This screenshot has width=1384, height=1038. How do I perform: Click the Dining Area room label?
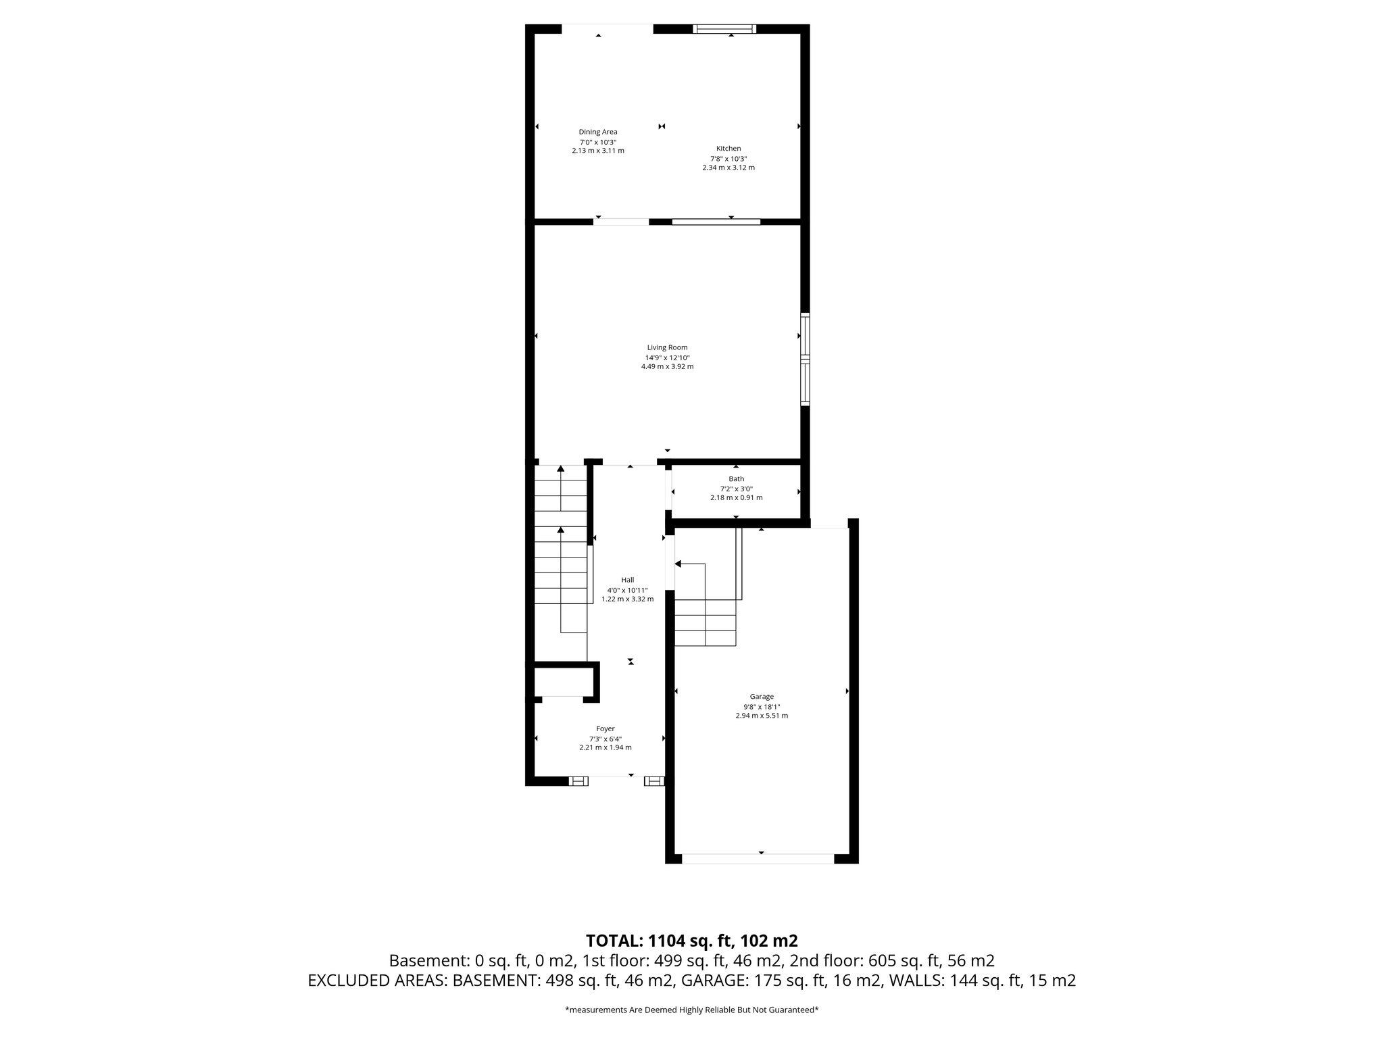[x=597, y=132]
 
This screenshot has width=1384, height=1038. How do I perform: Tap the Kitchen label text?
[x=728, y=149]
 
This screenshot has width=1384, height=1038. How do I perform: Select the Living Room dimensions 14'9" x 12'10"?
[x=667, y=357]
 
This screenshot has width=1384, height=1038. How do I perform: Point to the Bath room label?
[x=736, y=479]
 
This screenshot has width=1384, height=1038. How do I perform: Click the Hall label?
[x=628, y=580]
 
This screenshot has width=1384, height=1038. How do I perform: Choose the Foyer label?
[x=605, y=728]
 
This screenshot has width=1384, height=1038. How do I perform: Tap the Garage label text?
[x=762, y=697]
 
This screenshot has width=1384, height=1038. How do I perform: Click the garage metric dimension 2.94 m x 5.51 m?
[x=762, y=716]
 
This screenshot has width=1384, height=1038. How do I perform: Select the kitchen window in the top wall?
[x=724, y=28]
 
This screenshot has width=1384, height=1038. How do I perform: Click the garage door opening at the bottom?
[x=758, y=859]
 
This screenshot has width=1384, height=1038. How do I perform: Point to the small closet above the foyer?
[x=563, y=681]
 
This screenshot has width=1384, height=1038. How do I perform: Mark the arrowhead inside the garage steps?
[x=678, y=564]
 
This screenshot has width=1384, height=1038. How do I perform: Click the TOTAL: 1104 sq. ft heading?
[x=691, y=941]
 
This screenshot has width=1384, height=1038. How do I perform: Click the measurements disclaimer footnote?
[x=691, y=1010]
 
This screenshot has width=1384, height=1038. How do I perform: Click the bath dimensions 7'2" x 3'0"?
[x=736, y=489]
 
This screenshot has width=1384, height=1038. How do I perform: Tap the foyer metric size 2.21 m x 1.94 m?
[x=605, y=747]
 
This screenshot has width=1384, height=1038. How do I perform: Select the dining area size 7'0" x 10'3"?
[x=597, y=142]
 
